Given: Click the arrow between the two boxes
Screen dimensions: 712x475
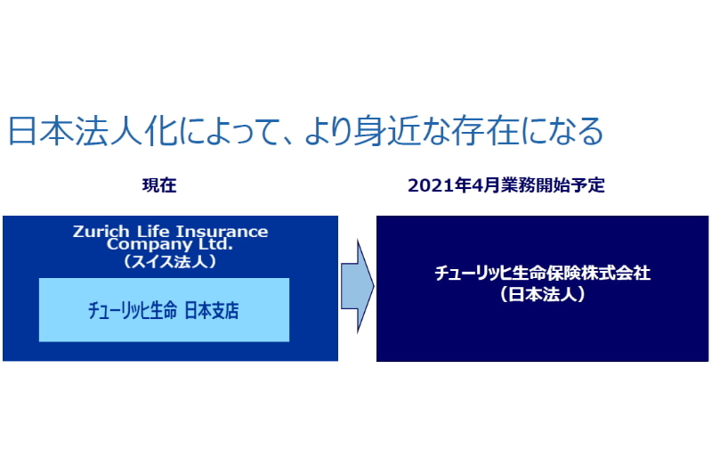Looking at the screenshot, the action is tap(358, 286).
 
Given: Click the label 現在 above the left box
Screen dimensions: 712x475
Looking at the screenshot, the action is tap(159, 185).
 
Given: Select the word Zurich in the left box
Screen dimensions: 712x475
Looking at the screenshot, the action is tap(101, 231).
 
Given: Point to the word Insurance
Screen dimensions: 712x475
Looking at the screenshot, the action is tap(222, 232).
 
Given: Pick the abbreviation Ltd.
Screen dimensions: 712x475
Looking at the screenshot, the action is tap(215, 243).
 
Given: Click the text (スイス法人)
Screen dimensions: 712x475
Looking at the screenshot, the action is tap(170, 261).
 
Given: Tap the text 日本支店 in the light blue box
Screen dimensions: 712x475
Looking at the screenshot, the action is tap(212, 310).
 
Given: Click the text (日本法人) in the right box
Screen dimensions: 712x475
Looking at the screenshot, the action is tap(542, 294).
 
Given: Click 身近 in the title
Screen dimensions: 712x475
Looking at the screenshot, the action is tap(386, 131).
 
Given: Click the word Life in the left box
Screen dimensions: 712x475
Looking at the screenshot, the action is tap(153, 231).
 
